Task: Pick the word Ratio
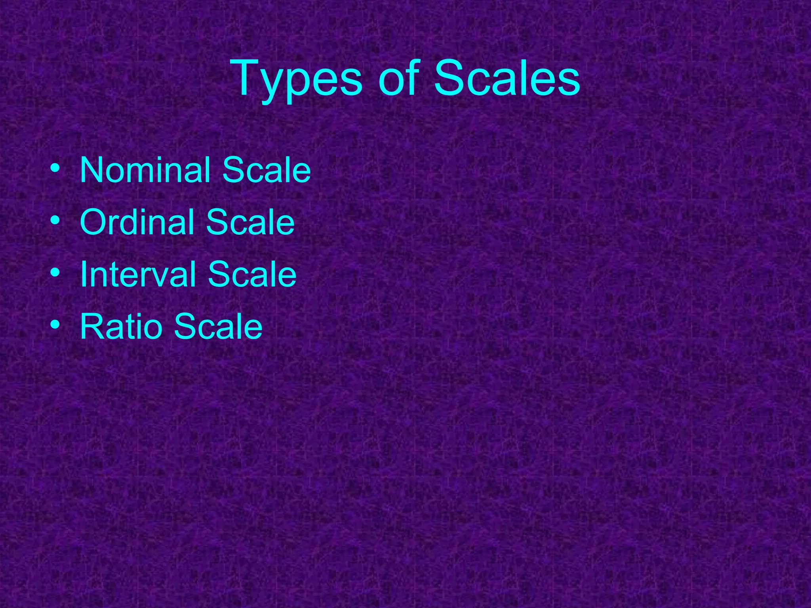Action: pyautogui.click(x=121, y=327)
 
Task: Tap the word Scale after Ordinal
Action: pyautogui.click(x=250, y=222)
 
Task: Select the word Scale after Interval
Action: pyautogui.click(x=252, y=274)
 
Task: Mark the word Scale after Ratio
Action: pyautogui.click(x=218, y=327)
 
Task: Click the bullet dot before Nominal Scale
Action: pyautogui.click(x=55, y=168)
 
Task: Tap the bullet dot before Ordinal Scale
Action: pyautogui.click(x=55, y=220)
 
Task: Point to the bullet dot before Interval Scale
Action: pyautogui.click(x=55, y=273)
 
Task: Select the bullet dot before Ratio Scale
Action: pyautogui.click(x=55, y=325)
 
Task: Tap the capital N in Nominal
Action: pyautogui.click(x=92, y=170)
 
